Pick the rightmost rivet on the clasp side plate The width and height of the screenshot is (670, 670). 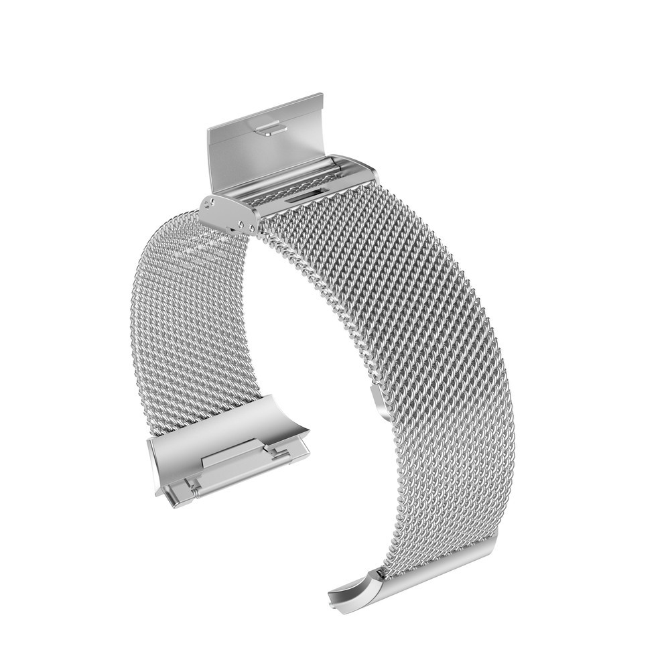pos(252,228)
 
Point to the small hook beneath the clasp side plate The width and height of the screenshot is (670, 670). pos(236,228)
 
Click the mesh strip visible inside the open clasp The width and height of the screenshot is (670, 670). pos(281,191)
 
